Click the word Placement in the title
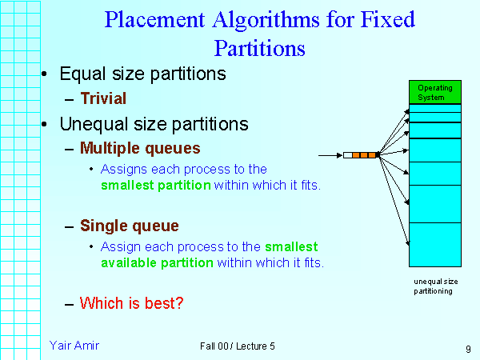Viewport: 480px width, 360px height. click(x=154, y=19)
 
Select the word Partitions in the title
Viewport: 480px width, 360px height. click(x=259, y=48)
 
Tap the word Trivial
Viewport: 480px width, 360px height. click(x=103, y=98)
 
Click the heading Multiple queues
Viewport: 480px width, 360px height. click(x=140, y=148)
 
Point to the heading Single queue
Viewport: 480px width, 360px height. click(x=130, y=226)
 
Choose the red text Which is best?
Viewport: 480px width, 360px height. click(x=132, y=303)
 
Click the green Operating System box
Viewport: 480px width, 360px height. click(x=435, y=92)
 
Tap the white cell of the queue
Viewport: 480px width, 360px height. click(x=348, y=155)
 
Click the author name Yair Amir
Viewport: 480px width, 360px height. click(x=74, y=346)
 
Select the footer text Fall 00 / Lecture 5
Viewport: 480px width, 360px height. click(x=238, y=346)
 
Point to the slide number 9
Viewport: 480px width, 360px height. click(x=468, y=349)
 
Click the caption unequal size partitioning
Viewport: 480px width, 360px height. click(x=436, y=286)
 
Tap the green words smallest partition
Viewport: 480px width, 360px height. click(x=156, y=186)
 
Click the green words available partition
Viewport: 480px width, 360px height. click(x=157, y=263)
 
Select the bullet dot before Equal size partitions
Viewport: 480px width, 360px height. click(x=44, y=74)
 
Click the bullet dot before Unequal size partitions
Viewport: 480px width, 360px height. click(x=44, y=124)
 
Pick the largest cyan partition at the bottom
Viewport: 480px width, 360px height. click(x=435, y=245)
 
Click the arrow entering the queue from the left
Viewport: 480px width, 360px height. click(x=330, y=155)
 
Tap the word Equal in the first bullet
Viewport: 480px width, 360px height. click(x=83, y=74)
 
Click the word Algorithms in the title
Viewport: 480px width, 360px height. click(x=266, y=20)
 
